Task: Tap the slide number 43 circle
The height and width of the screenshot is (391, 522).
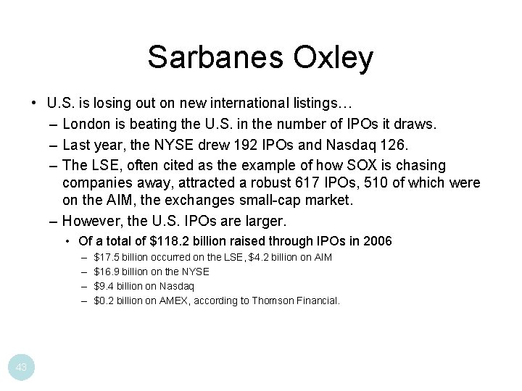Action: tap(22, 368)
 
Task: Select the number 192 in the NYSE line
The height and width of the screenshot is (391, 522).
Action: tap(245, 145)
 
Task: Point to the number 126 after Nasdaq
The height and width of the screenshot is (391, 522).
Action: tap(394, 145)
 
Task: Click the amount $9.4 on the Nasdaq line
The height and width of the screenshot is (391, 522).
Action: tap(105, 286)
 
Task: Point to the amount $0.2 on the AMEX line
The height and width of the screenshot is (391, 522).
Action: tap(105, 300)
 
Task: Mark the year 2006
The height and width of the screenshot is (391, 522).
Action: tap(377, 241)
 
